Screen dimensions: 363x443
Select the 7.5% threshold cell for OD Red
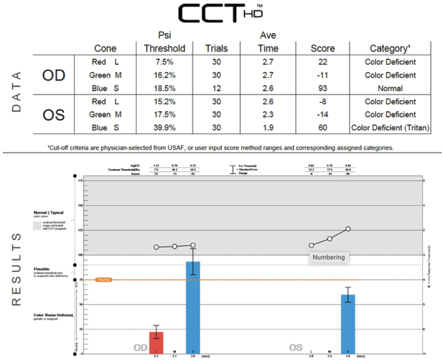164,62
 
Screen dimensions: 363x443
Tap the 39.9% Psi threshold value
164,128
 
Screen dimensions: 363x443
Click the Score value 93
322,88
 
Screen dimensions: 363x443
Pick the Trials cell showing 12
216,88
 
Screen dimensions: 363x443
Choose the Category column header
390,48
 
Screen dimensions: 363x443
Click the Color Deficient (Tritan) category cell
390,128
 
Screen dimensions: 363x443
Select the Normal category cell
390,88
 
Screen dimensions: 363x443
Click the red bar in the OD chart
157,342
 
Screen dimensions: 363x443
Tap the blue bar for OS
347,324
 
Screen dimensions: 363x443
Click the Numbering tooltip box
329,257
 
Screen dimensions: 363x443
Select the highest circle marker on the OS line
348,229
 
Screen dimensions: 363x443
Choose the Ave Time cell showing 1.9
268,128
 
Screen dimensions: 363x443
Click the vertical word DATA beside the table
16,91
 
